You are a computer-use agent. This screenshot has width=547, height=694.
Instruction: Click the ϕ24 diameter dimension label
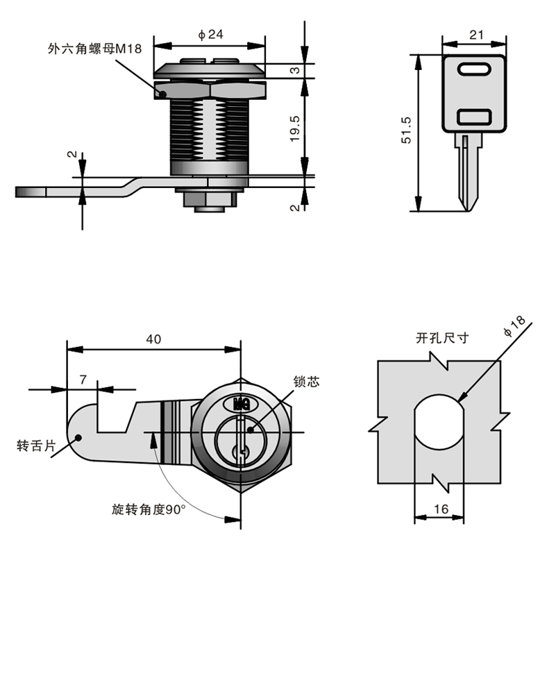point(210,35)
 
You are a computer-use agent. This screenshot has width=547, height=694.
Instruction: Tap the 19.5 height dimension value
point(294,128)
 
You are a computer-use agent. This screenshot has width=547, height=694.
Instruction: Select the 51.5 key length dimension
point(407,130)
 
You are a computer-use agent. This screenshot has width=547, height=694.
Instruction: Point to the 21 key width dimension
point(476,35)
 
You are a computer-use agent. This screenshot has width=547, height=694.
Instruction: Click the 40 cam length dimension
point(153,339)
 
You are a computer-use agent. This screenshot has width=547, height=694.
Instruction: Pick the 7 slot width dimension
point(83,379)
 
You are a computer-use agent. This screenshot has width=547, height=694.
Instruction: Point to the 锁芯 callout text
point(305,382)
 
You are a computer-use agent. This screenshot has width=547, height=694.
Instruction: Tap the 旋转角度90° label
point(149,509)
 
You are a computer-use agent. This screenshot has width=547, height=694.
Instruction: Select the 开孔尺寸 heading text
point(442,339)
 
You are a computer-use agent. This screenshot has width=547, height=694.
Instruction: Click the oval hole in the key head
point(476,70)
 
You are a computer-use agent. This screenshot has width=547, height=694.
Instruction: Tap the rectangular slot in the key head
point(476,117)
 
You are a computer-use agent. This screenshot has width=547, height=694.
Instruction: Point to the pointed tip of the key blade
point(469,207)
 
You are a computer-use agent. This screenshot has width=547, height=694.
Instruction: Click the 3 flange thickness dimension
point(294,70)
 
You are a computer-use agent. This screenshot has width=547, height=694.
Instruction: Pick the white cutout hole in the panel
point(439,423)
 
